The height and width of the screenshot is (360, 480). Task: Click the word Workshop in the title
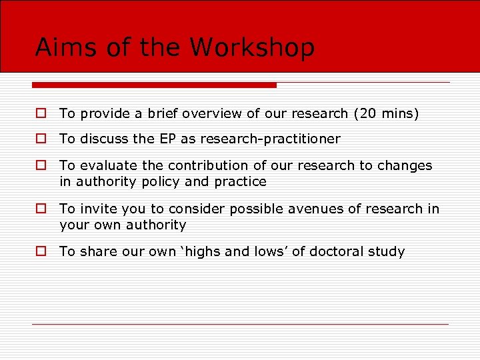pos(252,48)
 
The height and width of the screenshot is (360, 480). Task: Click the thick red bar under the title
pos(154,85)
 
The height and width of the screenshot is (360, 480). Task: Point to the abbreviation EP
pos(167,139)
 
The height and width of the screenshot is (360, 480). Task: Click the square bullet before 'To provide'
pos(41,114)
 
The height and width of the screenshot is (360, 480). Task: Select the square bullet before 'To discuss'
pos(41,139)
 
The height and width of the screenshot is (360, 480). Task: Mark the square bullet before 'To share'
pos(41,251)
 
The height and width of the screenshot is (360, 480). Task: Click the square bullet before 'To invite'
pos(41,209)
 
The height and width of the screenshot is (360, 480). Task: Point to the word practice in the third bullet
pos(241,181)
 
